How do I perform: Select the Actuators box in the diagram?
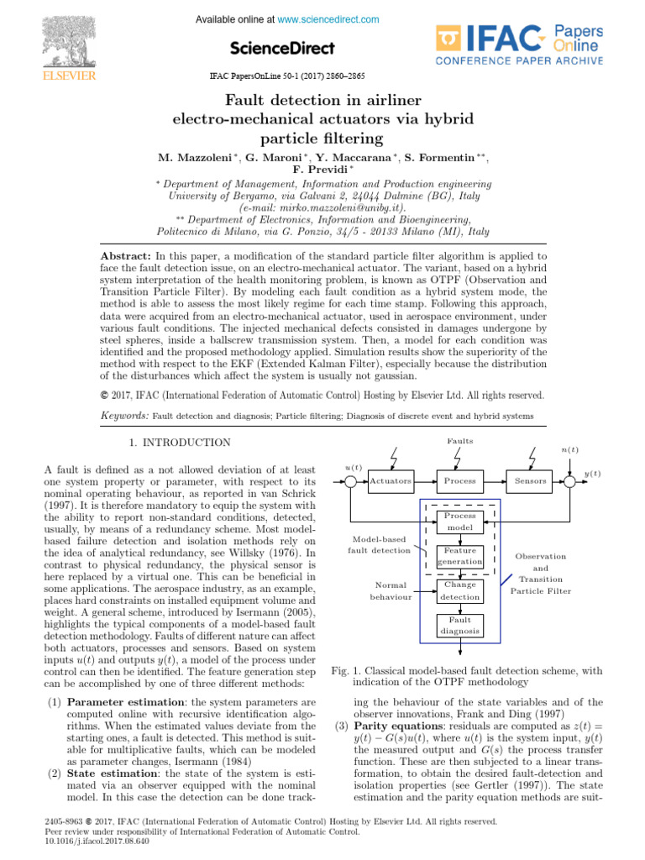pyautogui.click(x=391, y=481)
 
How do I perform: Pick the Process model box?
pyautogui.click(x=460, y=522)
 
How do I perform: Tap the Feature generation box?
pyautogui.click(x=460, y=556)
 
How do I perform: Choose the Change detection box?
pyautogui.click(x=460, y=590)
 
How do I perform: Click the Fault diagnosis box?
pyautogui.click(x=460, y=625)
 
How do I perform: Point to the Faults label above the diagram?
pyautogui.click(x=459, y=441)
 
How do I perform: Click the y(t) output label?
pyautogui.click(x=592, y=474)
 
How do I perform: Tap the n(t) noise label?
pyautogui.click(x=569, y=450)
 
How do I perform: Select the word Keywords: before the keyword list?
pyautogui.click(x=124, y=416)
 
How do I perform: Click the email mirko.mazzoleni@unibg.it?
pyautogui.click(x=322, y=207)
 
